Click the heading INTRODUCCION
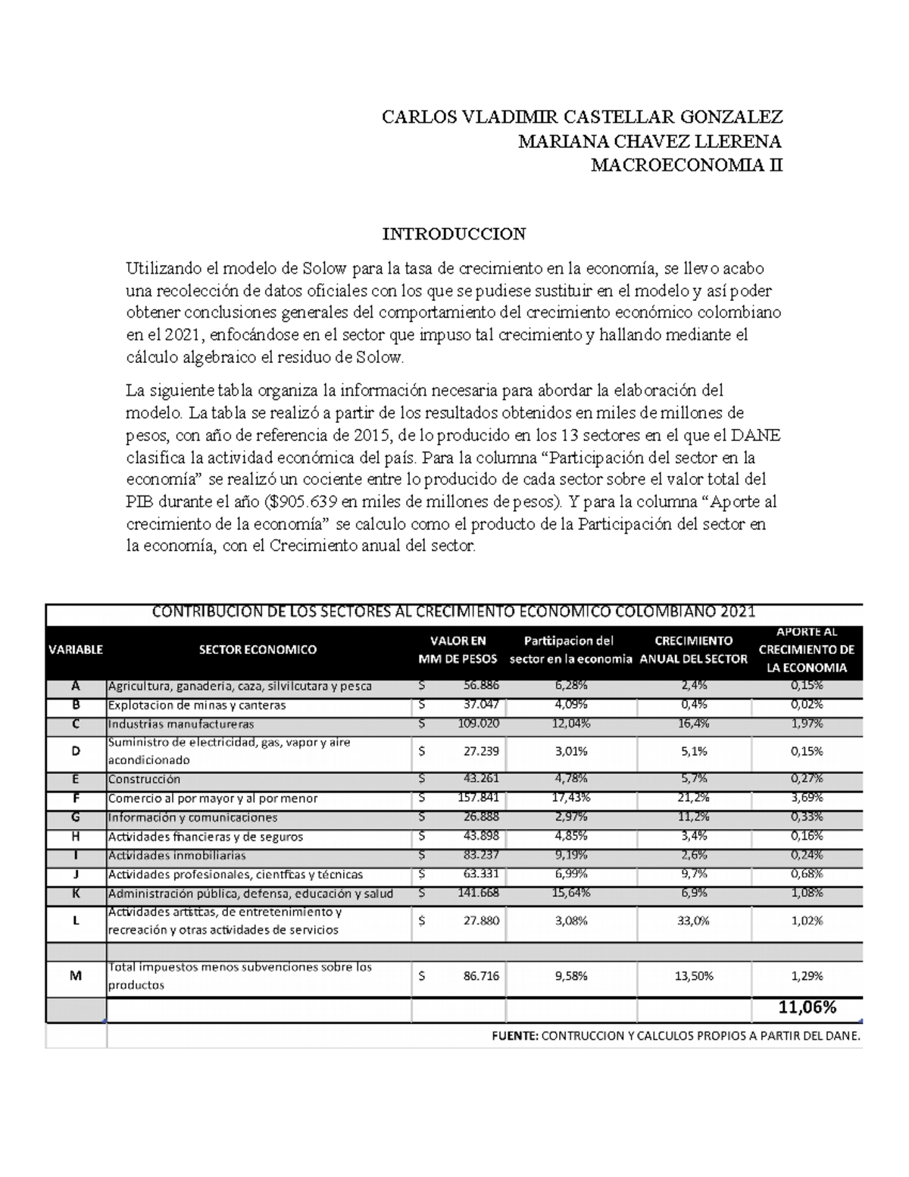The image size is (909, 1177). click(x=454, y=234)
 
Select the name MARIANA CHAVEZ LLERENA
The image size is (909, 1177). click(x=649, y=142)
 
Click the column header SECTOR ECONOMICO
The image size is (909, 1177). click(x=258, y=650)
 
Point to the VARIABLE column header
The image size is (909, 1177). click(x=76, y=650)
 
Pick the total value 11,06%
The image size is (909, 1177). click(x=807, y=1007)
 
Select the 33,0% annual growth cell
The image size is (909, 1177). click(x=695, y=921)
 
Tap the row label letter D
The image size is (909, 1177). click(x=76, y=751)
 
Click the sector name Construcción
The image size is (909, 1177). click(x=145, y=779)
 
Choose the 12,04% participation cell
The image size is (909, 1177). click(x=571, y=724)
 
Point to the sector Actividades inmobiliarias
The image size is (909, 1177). click(x=177, y=856)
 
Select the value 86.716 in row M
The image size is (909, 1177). click(x=481, y=976)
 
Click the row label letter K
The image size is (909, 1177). click(x=76, y=894)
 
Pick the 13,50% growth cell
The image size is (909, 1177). click(x=694, y=976)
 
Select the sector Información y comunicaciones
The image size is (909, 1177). click(x=192, y=818)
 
